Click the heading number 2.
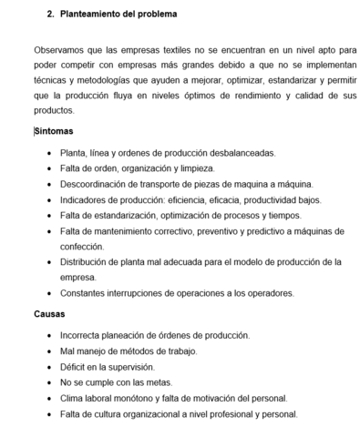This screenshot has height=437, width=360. pos(50,15)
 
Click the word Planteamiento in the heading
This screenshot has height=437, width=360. pos(91,15)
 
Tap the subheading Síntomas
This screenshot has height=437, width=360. pos(54,131)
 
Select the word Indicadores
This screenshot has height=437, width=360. pos(85,199)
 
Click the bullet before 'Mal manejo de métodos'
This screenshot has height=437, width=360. pos(48,351)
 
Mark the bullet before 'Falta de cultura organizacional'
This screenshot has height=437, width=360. pos(48,414)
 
